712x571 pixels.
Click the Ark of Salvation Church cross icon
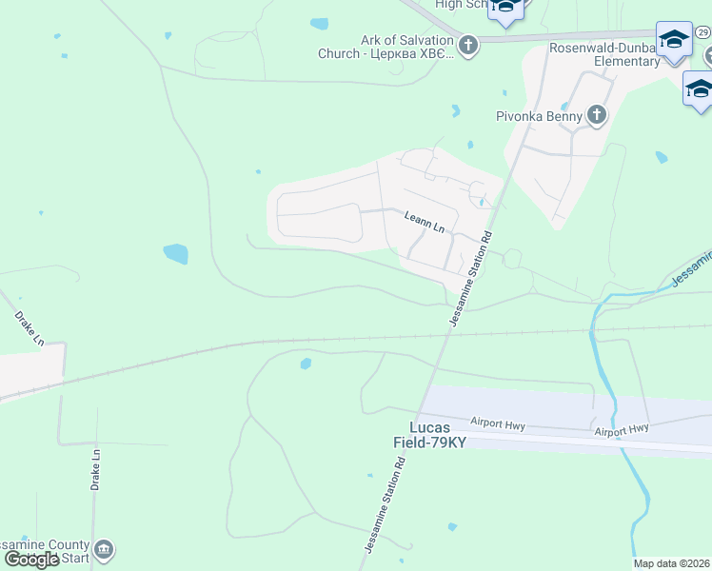[467, 45]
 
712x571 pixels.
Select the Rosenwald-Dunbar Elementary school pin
[674, 40]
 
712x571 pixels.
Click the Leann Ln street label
[425, 223]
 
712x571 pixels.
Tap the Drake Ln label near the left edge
[30, 326]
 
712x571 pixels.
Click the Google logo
[31, 560]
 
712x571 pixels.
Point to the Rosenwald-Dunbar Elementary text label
[603, 54]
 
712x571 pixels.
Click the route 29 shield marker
[702, 32]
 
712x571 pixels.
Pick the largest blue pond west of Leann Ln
[175, 254]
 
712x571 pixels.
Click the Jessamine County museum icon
[105, 549]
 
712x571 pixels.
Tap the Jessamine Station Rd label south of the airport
[385, 503]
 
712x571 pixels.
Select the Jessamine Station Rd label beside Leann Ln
[471, 281]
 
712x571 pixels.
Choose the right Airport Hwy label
[622, 430]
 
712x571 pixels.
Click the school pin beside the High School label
[505, 8]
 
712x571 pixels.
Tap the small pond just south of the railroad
[306, 364]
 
